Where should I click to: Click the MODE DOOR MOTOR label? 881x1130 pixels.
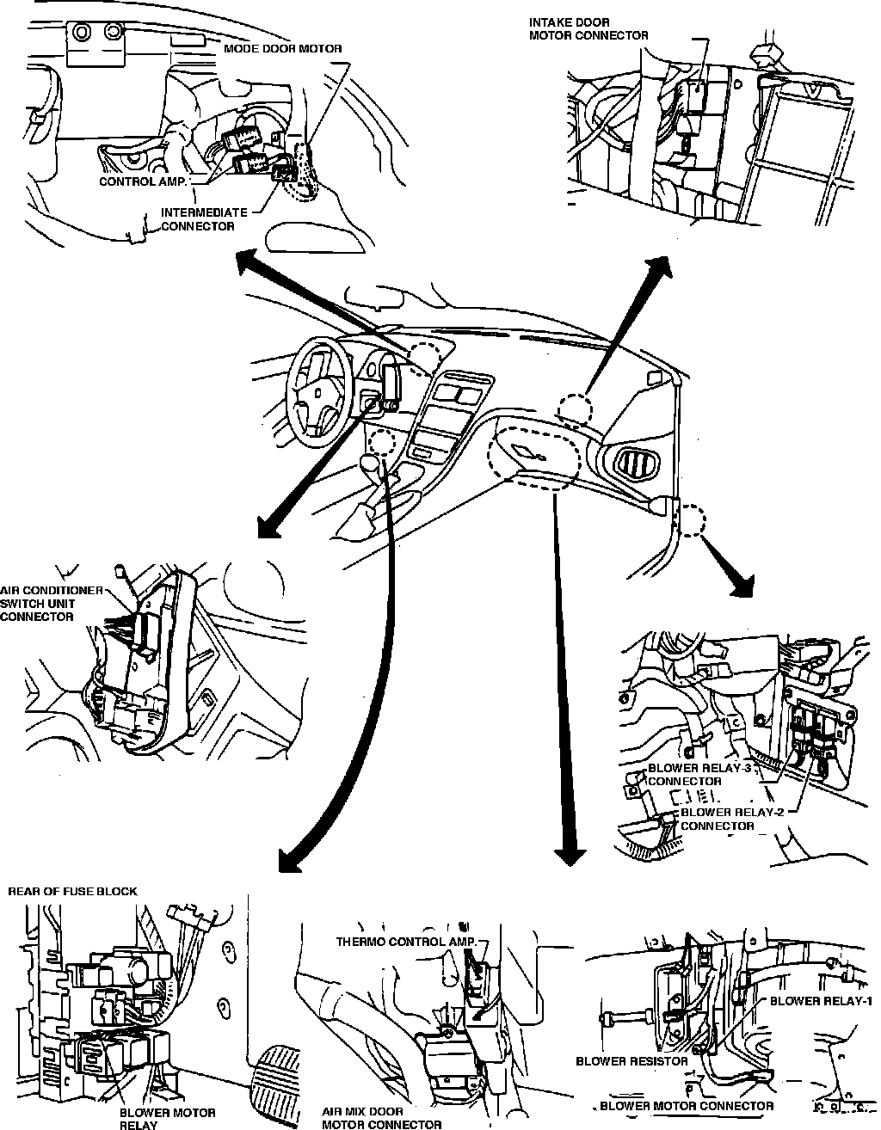282,49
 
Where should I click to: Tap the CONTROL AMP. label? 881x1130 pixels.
142,182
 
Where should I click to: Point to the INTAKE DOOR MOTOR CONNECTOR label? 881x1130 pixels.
588,28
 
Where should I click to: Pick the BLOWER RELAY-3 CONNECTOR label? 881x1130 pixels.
699,774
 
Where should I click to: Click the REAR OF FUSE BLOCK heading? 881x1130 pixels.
72,892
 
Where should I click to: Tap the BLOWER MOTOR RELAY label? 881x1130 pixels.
157,1118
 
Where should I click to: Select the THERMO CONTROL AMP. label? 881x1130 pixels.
404,942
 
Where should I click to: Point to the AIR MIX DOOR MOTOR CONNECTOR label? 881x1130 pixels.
381,1117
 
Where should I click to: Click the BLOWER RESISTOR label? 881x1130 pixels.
631,1061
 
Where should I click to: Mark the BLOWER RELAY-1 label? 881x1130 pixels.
822,1001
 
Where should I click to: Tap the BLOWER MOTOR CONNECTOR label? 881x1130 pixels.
686,1106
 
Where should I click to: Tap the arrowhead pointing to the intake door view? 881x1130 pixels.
661,266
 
